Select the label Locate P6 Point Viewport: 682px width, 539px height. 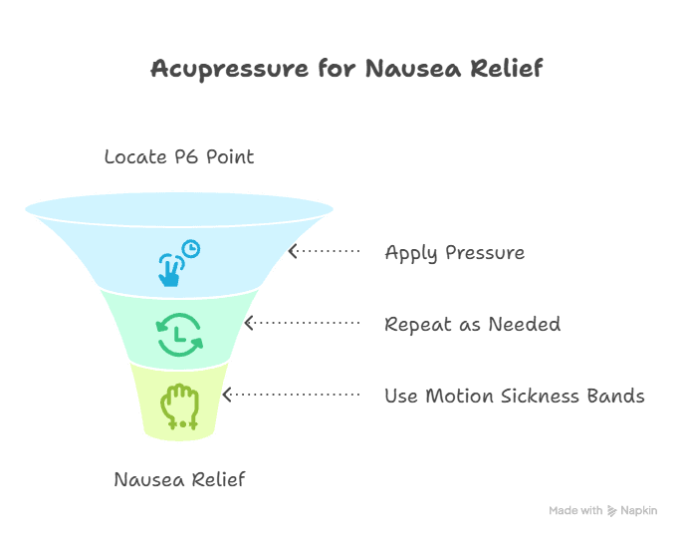click(x=179, y=156)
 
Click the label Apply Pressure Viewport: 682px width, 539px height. click(x=454, y=252)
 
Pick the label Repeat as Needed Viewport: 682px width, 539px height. click(x=472, y=324)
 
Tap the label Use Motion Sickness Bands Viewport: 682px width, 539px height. click(x=514, y=396)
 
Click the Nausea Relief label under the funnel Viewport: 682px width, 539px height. click(x=179, y=479)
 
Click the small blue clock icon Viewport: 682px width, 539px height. click(x=190, y=248)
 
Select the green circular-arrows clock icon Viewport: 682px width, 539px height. click(x=179, y=335)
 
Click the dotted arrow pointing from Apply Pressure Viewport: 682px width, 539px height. click(x=324, y=252)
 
